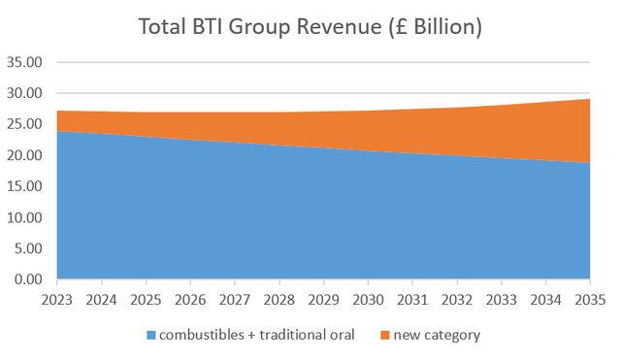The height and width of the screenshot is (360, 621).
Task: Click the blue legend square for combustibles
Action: coord(151,336)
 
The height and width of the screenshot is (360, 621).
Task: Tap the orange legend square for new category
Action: coord(386,336)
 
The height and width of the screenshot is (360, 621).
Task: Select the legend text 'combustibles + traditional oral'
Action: coord(257,336)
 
